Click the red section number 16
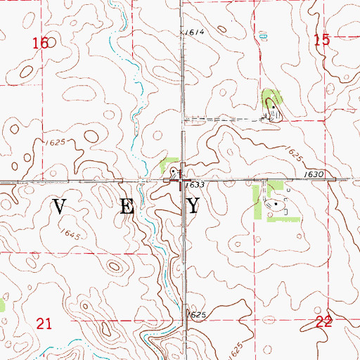(41, 44)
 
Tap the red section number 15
(322, 41)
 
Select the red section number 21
(45, 323)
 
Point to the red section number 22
(324, 321)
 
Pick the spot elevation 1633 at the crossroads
(196, 184)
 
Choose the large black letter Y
(194, 206)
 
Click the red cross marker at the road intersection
(182, 183)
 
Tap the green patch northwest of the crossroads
(169, 167)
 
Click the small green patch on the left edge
(2, 304)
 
